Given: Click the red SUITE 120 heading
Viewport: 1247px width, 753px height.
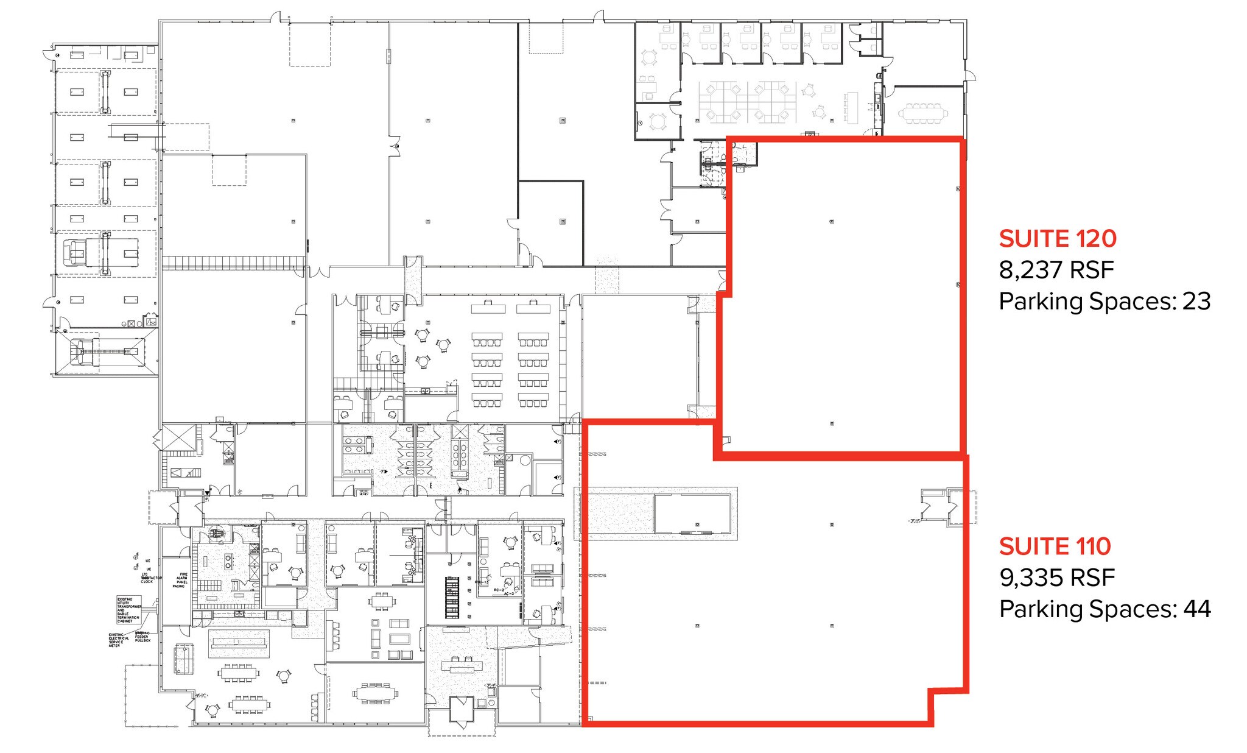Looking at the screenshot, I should click(x=1057, y=239).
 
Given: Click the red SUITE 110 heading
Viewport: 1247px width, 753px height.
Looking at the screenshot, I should click(x=1055, y=546).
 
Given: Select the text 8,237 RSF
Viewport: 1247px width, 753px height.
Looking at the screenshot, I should click(x=1056, y=270).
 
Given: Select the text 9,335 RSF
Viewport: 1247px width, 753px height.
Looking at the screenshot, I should click(x=1056, y=578).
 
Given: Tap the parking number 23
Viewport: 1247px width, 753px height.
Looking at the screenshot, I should click(x=1196, y=302).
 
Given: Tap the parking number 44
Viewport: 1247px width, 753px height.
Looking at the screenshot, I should click(x=1196, y=609).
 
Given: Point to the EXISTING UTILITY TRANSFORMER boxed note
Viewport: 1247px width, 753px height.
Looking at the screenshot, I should click(x=129, y=610).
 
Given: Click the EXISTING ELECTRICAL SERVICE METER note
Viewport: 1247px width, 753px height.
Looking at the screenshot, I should click(x=116, y=640).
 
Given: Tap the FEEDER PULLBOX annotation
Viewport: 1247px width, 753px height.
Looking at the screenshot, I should click(x=142, y=637).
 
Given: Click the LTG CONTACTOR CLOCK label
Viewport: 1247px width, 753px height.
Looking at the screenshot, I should click(x=148, y=578).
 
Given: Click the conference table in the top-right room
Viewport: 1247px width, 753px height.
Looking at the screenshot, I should click(x=923, y=113).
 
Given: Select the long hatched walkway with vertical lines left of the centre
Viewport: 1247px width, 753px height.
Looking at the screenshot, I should click(x=233, y=263).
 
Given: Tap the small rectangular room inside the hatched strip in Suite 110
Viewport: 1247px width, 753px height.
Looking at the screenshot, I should click(x=692, y=513).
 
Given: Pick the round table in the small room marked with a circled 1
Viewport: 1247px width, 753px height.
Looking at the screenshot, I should click(x=657, y=121).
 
